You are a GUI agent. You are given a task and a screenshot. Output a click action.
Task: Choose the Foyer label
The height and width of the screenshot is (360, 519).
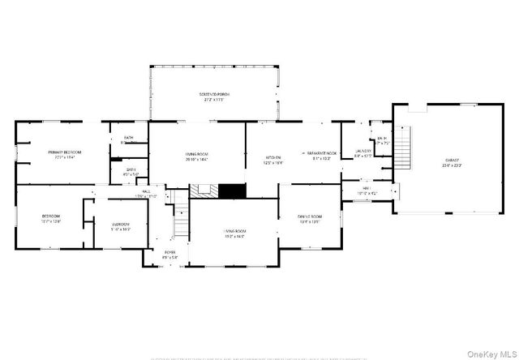tap(169, 253)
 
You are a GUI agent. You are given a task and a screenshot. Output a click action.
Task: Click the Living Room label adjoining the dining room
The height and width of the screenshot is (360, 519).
tap(235, 232)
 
